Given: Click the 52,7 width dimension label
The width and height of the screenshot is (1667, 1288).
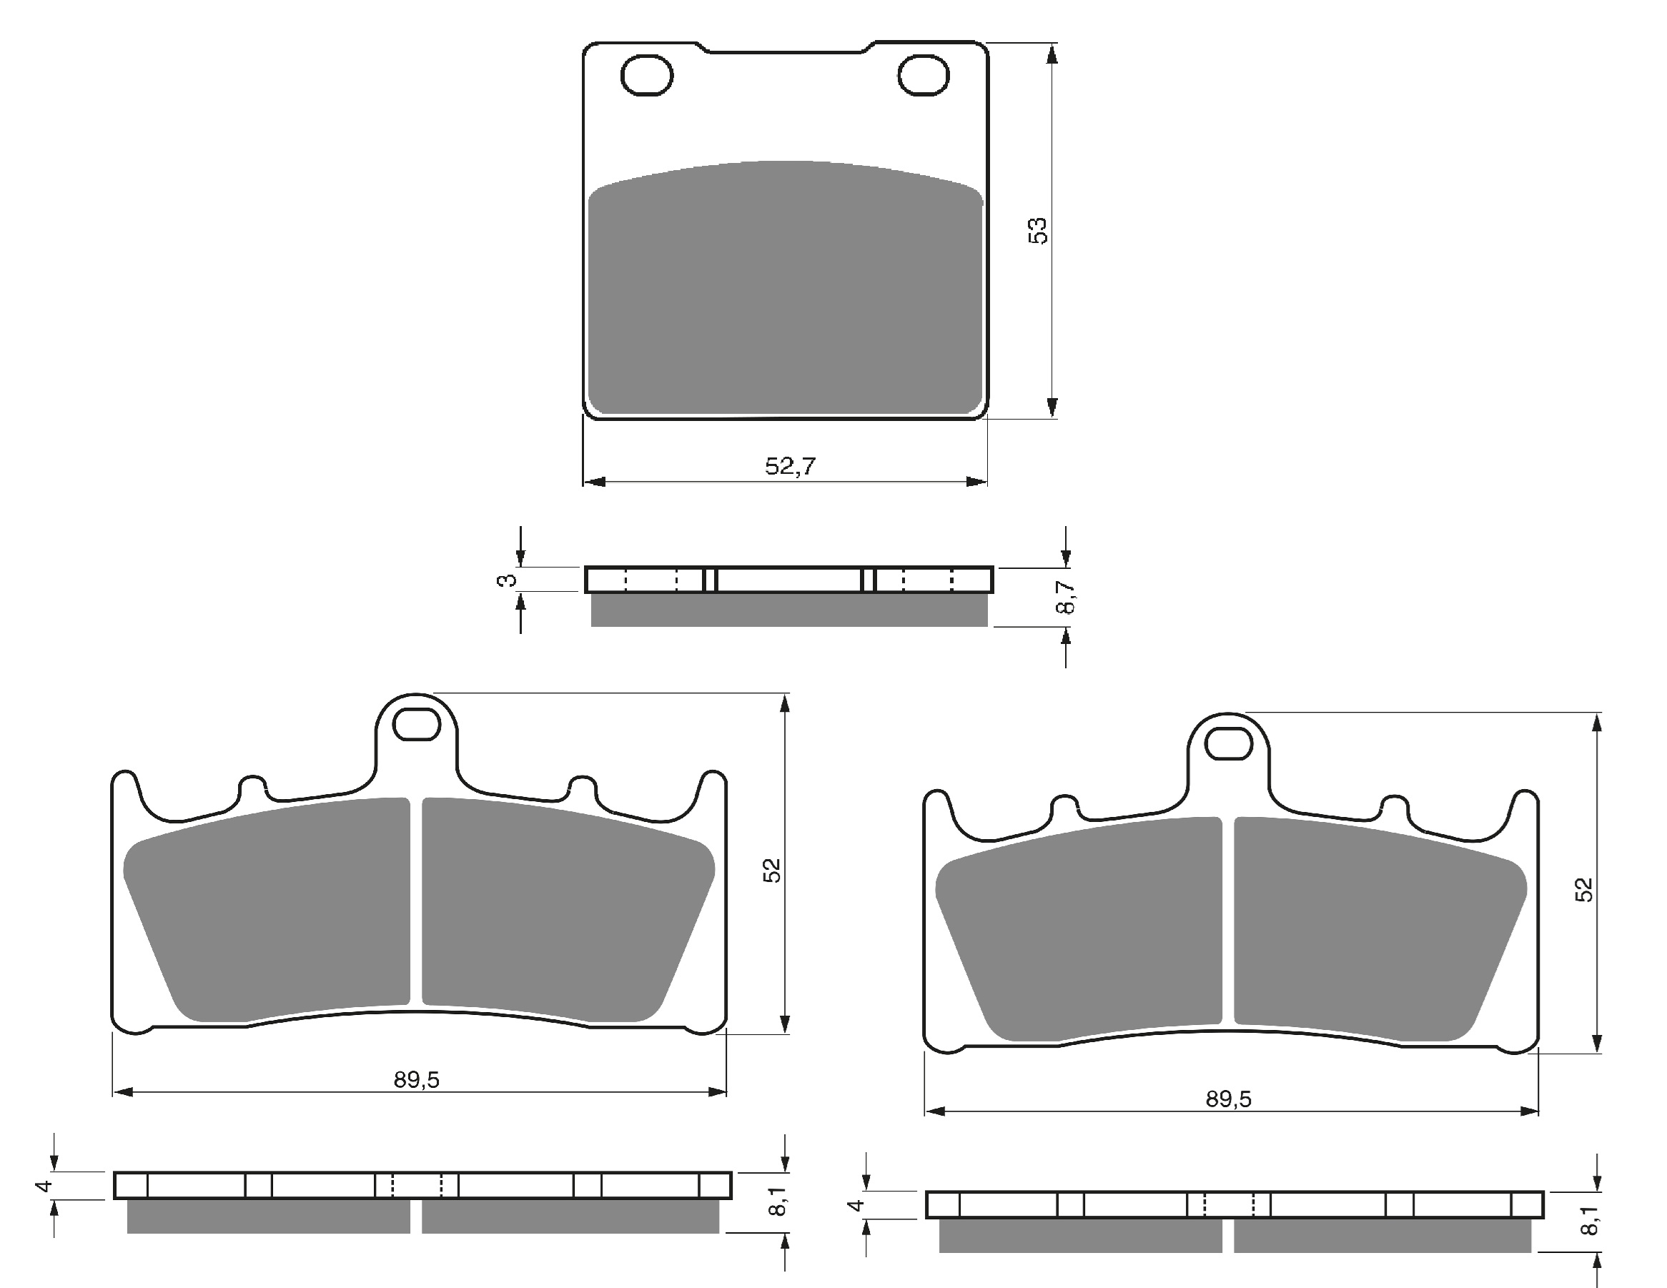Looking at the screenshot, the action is pyautogui.click(x=790, y=465).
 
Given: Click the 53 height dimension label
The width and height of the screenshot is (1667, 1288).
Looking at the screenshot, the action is pyautogui.click(x=1038, y=230).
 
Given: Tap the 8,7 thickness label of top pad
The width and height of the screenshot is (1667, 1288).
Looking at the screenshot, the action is pyautogui.click(x=1066, y=597).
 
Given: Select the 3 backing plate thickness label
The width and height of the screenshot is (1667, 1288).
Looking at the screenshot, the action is pyautogui.click(x=505, y=580).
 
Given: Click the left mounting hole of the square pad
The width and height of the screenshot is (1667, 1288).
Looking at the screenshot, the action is pyautogui.click(x=646, y=76).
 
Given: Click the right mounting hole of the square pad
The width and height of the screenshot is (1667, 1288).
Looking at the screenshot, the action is pyautogui.click(x=924, y=76).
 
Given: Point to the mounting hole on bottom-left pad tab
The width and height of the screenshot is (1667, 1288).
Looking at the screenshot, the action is pyautogui.click(x=417, y=724).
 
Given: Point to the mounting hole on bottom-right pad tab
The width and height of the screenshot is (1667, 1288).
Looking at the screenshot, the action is pyautogui.click(x=1229, y=744).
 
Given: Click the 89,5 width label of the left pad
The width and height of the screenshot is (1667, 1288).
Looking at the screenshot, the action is pyautogui.click(x=417, y=1080).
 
